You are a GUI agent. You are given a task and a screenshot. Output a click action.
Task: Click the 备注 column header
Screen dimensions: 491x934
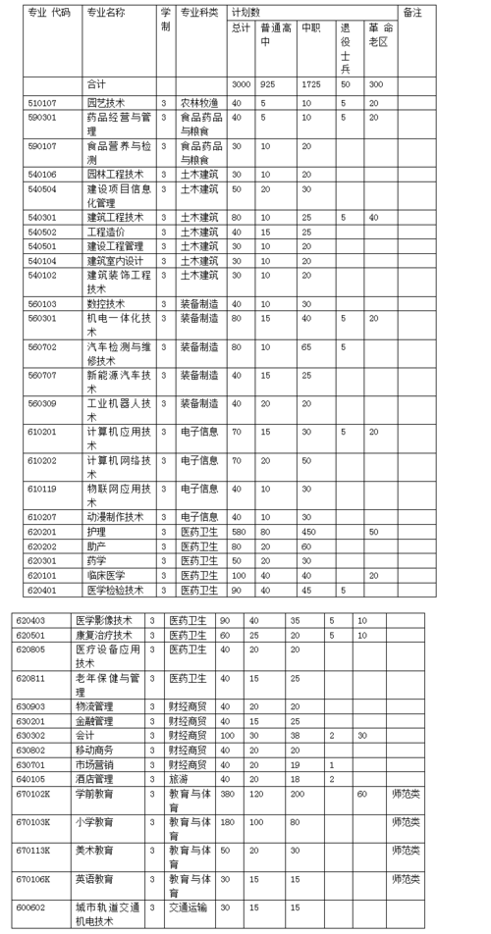click(412, 13)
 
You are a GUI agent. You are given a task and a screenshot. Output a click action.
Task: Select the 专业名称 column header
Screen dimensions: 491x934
click(105, 13)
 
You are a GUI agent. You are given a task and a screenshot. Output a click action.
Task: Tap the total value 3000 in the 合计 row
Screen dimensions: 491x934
click(242, 84)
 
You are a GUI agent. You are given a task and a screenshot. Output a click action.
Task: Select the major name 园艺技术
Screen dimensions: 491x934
click(107, 102)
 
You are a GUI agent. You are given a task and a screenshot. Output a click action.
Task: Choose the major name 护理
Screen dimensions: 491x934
click(95, 531)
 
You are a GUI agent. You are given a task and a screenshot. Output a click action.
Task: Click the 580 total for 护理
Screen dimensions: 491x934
click(239, 531)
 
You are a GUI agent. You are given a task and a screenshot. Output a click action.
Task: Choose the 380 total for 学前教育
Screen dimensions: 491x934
click(228, 794)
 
